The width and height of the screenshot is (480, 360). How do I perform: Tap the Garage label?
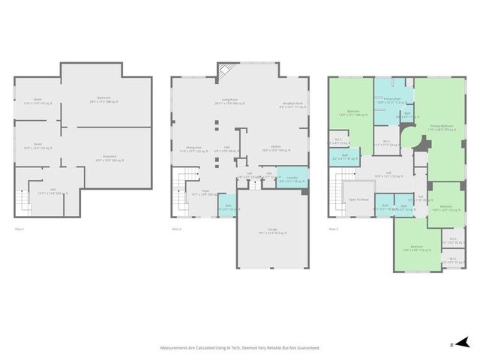(x=272, y=232)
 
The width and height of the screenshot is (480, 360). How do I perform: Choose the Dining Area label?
(x=190, y=149)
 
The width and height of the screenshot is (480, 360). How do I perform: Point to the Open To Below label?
(x=358, y=199)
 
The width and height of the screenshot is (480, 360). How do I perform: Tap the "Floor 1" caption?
(x=19, y=229)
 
